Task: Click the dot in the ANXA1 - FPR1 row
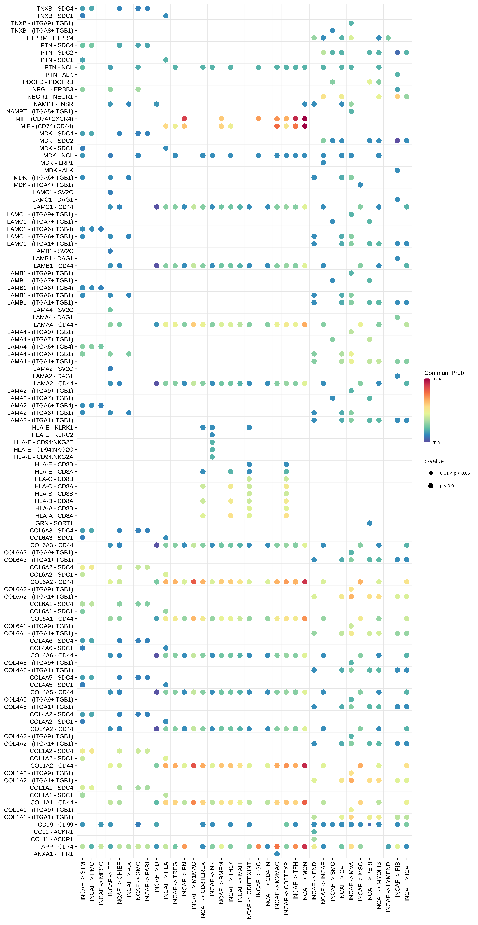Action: coord(277,854)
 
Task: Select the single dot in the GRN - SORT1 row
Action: coord(370,523)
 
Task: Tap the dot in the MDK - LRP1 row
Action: coord(323,163)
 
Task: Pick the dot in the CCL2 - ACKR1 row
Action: coord(314,832)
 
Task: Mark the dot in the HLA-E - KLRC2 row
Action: coord(212,435)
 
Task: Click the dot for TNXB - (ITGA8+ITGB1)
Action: coord(333,31)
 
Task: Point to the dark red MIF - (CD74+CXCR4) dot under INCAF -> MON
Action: coord(305,119)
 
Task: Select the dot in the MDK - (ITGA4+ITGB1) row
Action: coord(360,185)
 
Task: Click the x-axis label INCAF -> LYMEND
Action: coord(388,887)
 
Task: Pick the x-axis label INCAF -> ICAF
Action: coord(407,882)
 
